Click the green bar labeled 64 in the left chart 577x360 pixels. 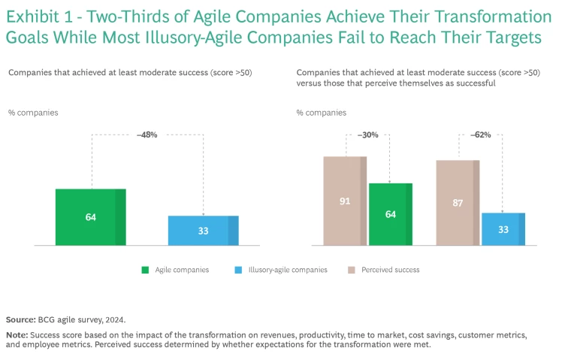(x=90, y=216)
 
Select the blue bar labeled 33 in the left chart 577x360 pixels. (x=203, y=230)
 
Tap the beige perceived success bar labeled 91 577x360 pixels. (x=345, y=201)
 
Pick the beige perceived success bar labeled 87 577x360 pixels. (x=458, y=202)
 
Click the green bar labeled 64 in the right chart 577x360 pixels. (x=391, y=214)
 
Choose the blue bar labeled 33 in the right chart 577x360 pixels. (x=503, y=228)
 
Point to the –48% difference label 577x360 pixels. (x=147, y=135)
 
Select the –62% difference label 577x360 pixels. (x=480, y=135)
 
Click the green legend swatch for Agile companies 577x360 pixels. (x=144, y=270)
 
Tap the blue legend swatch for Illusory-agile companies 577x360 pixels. (x=238, y=270)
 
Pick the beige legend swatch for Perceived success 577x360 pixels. (x=351, y=270)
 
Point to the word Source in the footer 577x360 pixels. (x=20, y=319)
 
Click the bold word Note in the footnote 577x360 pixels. (x=16, y=334)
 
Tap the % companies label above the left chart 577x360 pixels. (x=33, y=113)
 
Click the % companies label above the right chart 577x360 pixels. (x=322, y=113)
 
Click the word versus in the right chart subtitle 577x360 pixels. (x=309, y=83)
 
